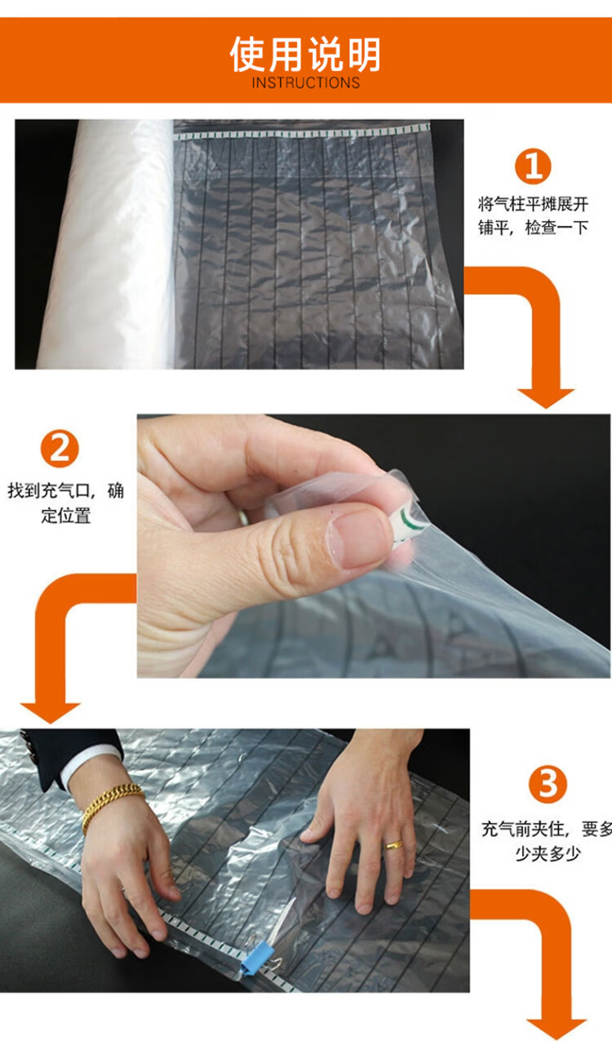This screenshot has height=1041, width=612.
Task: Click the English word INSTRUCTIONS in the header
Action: point(306,82)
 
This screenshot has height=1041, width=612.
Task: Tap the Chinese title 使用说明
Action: point(305,55)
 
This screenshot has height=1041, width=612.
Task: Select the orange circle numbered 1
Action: point(533,166)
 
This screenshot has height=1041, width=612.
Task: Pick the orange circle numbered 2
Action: point(60,449)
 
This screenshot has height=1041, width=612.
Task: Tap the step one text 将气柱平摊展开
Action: point(533,204)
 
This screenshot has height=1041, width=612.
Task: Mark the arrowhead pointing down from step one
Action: point(546,398)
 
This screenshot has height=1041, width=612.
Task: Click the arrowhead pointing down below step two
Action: point(51,712)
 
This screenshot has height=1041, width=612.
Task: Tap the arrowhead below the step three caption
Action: point(556,1030)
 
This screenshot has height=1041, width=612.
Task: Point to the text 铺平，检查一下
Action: point(533,228)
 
